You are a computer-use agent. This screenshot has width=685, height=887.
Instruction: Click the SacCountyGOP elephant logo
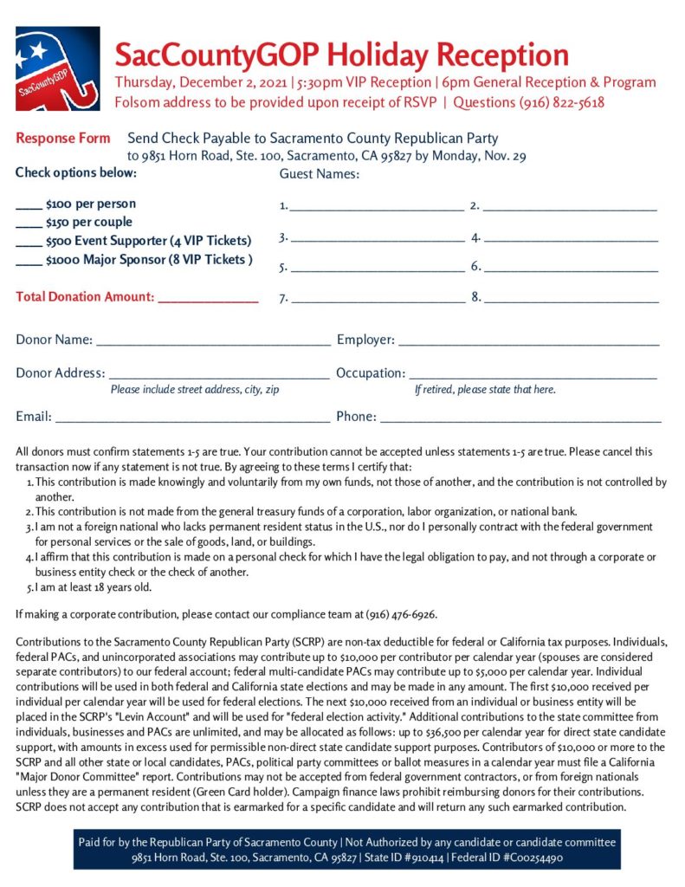coord(57,68)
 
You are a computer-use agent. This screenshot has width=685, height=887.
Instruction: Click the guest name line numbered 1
coord(377,209)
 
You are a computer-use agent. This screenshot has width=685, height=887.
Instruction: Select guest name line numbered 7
coord(378,301)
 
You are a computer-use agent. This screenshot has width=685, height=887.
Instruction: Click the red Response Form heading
coord(63,139)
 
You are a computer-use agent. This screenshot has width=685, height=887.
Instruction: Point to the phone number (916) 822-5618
coord(562,102)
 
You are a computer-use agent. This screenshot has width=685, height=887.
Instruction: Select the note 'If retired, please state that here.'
coord(485,390)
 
